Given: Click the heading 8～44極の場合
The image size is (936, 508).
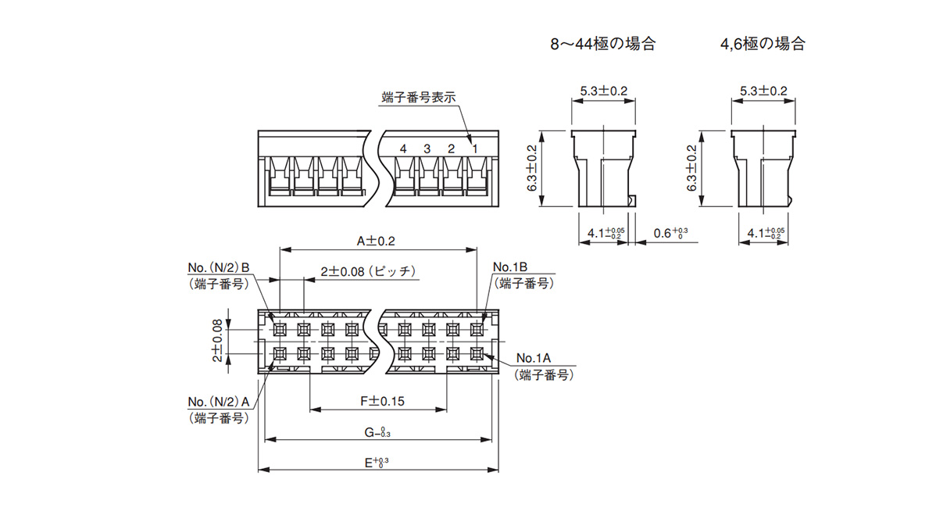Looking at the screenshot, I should coord(602,44).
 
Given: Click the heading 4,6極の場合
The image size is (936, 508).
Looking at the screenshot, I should coord(762,44).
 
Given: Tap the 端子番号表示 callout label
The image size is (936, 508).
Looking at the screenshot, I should coord(418,98).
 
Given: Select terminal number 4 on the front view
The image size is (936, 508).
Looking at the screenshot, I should coord(403,148).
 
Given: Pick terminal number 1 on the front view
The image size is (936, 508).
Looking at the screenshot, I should coord(474,148).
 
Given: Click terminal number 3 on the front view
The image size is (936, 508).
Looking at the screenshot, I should coord(427,148).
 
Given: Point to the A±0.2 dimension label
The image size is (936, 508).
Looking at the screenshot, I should coord(376,241).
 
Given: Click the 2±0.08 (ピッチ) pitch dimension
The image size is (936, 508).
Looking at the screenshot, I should coord(367,272).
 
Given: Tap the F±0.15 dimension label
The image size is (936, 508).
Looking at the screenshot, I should coord(381,401).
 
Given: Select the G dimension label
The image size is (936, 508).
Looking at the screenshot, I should coord(377,432).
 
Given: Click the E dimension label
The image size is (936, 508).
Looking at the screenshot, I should coord(377,463).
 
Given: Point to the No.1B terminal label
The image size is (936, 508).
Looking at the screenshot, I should coord(511,267).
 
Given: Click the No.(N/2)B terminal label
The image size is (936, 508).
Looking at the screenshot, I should coord(219,267).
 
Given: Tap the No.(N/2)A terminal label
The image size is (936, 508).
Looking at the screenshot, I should coord(219,402).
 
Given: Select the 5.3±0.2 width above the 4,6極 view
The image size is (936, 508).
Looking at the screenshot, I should coord(763,91).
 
